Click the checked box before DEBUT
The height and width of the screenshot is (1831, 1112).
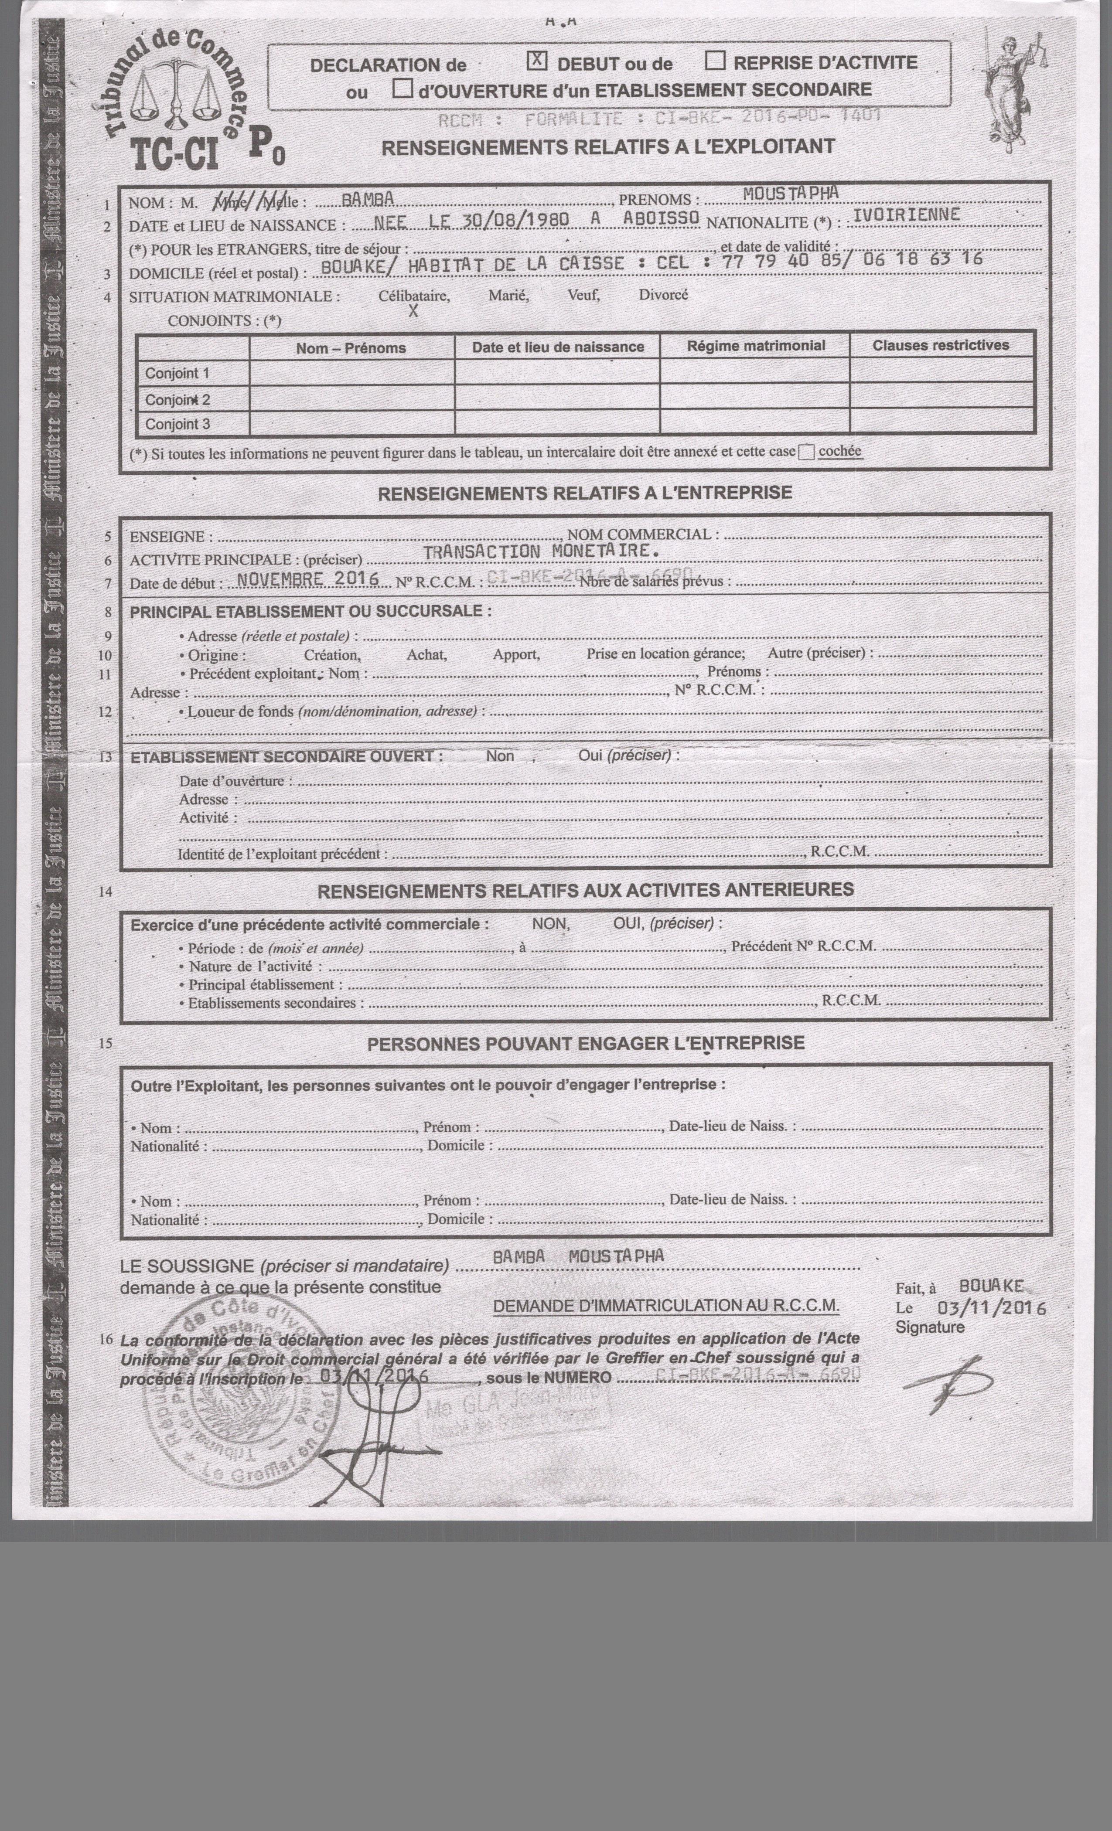(537, 61)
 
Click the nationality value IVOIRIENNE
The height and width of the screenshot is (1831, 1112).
(906, 215)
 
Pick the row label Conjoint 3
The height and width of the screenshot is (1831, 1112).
(177, 424)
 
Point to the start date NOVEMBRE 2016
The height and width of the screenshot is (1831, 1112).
(308, 579)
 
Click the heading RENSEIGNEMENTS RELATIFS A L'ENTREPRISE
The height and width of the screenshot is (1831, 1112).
(585, 493)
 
